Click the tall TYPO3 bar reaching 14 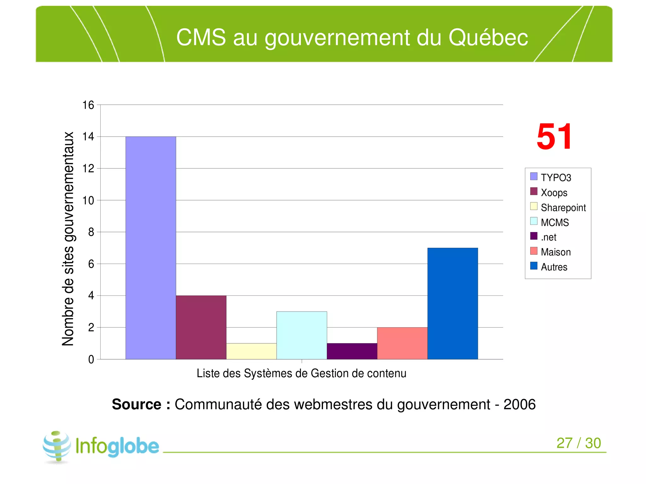(150, 248)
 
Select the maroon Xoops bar (201, 327)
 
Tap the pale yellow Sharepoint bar (251, 351)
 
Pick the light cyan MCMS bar (302, 335)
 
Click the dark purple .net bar (352, 351)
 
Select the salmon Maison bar (402, 343)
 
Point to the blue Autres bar (452, 303)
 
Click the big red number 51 (554, 137)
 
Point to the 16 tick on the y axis (88, 105)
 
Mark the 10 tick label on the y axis (88, 200)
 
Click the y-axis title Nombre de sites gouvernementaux (68, 239)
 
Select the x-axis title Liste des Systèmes (301, 373)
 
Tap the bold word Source (137, 404)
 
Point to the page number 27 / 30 (578, 443)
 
